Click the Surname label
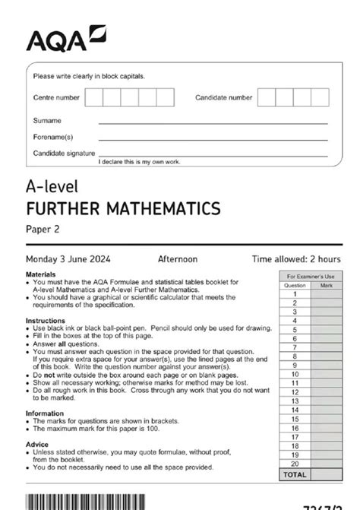[x=47, y=121]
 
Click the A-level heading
[x=52, y=187]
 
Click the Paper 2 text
[x=43, y=226]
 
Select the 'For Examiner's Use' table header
[x=309, y=277]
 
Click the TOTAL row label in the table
[x=295, y=475]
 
